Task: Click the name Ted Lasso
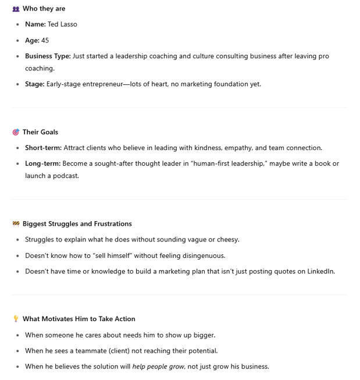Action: (62, 24)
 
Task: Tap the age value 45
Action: (45, 40)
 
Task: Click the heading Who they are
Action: (44, 8)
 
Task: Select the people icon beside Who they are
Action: (16, 9)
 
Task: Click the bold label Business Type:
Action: (48, 56)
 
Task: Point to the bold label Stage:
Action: (34, 84)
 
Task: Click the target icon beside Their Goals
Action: (16, 132)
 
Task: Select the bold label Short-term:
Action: (43, 148)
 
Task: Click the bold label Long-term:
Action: (42, 164)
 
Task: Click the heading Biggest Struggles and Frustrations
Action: (77, 223)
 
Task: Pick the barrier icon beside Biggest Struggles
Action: (16, 223)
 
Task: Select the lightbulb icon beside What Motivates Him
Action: (16, 319)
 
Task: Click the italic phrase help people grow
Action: (158, 367)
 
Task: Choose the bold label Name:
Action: (35, 24)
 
